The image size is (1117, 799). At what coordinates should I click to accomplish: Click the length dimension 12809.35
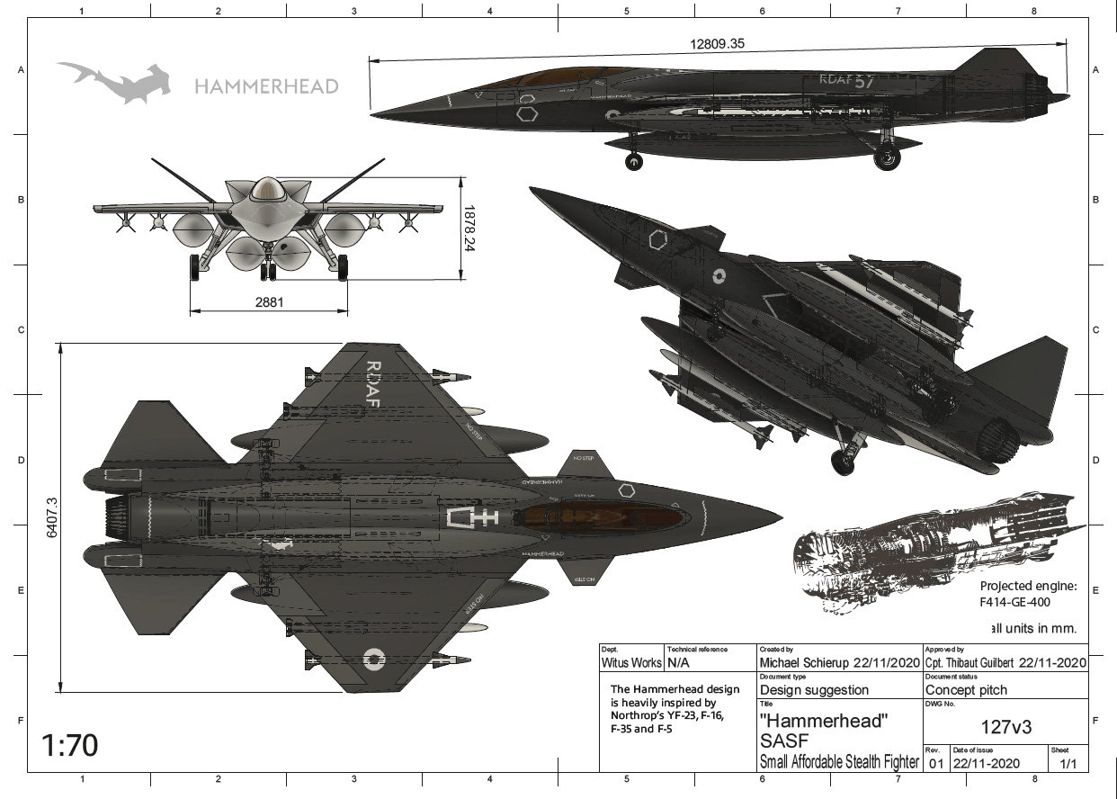point(718,43)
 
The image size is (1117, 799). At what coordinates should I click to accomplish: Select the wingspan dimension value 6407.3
point(51,517)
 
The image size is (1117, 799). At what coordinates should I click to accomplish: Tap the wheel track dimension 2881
point(269,302)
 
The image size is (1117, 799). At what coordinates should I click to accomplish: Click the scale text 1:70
point(70,745)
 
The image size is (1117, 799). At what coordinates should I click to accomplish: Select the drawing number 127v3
point(1005,728)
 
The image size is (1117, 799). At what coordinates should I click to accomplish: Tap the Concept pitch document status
point(966,690)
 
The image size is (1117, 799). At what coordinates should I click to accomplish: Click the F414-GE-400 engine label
point(1014,602)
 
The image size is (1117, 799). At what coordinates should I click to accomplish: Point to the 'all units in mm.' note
point(1032,628)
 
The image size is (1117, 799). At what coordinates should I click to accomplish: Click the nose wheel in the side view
point(634,162)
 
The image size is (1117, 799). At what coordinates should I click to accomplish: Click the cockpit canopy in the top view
point(603,517)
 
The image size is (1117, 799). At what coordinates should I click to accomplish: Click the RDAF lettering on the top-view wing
point(373,384)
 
